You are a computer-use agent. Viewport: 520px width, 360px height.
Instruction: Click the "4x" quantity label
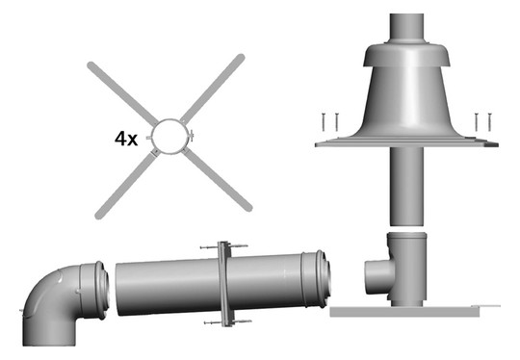(126, 139)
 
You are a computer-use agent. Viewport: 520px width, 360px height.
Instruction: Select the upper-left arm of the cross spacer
(122, 92)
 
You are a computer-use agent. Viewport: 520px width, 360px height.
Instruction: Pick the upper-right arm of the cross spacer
(213, 89)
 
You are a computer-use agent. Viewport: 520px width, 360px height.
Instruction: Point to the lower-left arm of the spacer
(126, 184)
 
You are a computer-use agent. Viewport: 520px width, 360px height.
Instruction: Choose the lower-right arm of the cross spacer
(218, 180)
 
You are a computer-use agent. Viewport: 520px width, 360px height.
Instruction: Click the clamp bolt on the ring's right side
(192, 136)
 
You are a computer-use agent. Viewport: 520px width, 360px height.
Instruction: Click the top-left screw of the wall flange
(209, 247)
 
